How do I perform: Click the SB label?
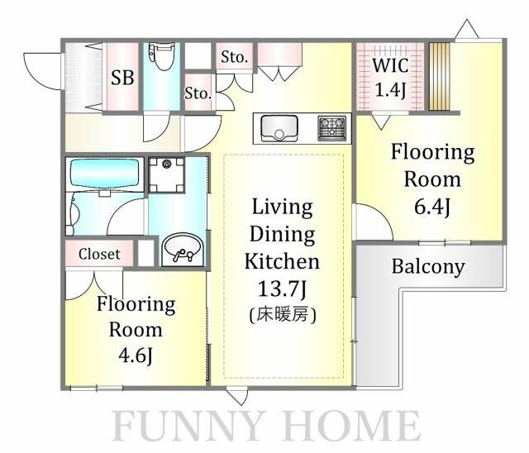click(x=122, y=78)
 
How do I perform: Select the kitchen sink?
click(x=279, y=129)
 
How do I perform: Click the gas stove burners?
click(x=332, y=128)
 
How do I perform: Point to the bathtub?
click(x=105, y=174)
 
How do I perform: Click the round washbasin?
click(x=183, y=250)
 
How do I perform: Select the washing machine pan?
click(x=167, y=174)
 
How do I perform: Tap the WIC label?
click(x=390, y=65)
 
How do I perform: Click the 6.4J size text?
click(x=432, y=207)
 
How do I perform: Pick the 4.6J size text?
click(x=136, y=355)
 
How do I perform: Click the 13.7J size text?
click(x=282, y=288)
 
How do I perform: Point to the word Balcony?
click(x=428, y=267)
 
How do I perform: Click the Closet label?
click(x=99, y=254)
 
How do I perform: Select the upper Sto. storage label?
click(x=234, y=57)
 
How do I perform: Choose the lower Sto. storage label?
click(x=198, y=93)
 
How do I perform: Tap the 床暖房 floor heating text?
click(x=283, y=315)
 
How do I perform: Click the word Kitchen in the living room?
click(x=282, y=261)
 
